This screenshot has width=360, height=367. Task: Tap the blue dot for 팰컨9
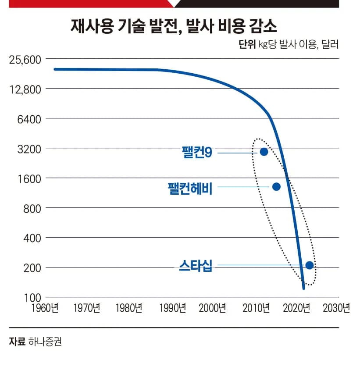pyautogui.click(x=264, y=152)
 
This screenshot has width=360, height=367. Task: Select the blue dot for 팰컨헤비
pyautogui.click(x=276, y=186)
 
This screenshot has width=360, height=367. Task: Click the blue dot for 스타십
pyautogui.click(x=309, y=265)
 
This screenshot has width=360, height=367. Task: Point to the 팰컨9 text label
pyautogui.click(x=197, y=152)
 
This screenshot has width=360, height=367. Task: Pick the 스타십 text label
pyautogui.click(x=196, y=266)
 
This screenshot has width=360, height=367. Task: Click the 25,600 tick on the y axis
pyautogui.click(x=25, y=59)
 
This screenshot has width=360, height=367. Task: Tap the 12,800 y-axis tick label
pyautogui.click(x=25, y=89)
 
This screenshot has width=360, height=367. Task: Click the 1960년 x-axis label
pyautogui.click(x=44, y=308)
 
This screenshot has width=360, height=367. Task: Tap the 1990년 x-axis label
pyautogui.click(x=171, y=308)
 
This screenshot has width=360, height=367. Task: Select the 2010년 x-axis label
pyautogui.click(x=256, y=308)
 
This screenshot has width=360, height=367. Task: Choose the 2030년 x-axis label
pyautogui.click(x=336, y=308)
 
